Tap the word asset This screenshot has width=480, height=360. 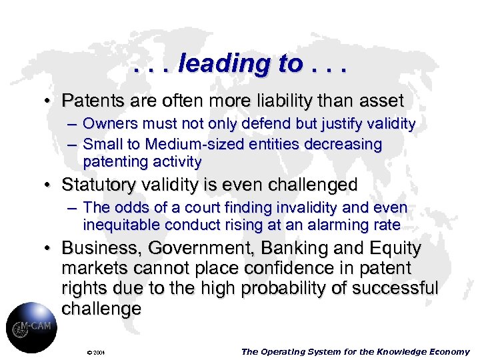click(x=380, y=101)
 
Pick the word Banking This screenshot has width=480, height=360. click(x=289, y=249)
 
